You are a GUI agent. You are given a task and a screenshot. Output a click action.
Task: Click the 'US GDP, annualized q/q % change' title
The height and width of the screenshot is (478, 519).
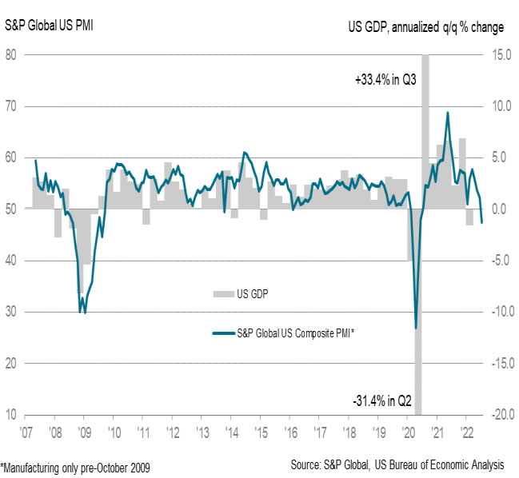426,27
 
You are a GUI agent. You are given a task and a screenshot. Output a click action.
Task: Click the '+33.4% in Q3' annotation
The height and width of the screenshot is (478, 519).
385,80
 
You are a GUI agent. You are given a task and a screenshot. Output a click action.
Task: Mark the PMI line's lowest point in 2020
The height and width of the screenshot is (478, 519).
416,328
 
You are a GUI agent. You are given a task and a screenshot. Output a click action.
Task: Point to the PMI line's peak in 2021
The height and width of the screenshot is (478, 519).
447,113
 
